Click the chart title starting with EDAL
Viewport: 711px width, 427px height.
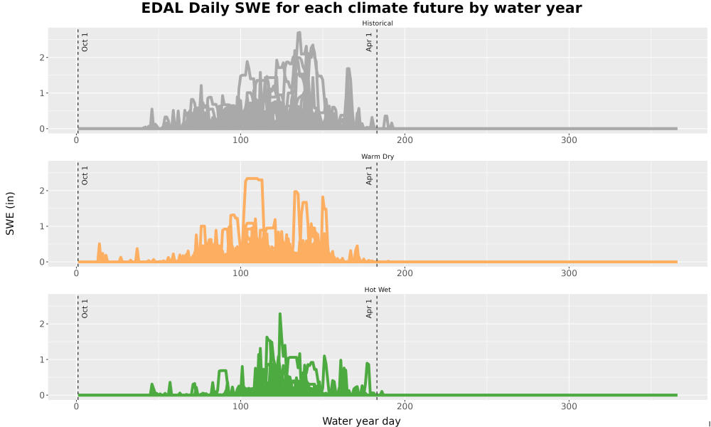coord(361,8)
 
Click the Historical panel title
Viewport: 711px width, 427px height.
coord(378,23)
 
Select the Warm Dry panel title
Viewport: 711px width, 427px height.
coord(378,157)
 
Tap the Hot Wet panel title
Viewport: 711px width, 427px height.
coord(378,290)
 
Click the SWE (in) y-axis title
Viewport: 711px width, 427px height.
coord(10,213)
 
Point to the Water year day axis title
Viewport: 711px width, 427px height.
coord(361,421)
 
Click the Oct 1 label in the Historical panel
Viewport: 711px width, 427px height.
coord(85,42)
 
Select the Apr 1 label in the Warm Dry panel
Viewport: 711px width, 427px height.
coord(368,175)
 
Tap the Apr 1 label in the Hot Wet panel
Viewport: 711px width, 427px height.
coord(368,309)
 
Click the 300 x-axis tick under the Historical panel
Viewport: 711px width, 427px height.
coord(569,140)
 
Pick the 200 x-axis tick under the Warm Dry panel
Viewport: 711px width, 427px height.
coord(405,273)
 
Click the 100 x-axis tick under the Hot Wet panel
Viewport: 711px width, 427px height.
coord(240,406)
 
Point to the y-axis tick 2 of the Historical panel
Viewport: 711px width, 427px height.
coord(42,58)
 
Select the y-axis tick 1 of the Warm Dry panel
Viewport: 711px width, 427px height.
coord(42,226)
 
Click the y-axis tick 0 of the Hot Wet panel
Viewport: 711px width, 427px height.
coord(42,395)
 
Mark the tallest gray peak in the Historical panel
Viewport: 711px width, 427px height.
coord(299,33)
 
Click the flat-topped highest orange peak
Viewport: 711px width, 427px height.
coord(254,179)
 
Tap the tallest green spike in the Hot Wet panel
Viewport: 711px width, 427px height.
coord(280,314)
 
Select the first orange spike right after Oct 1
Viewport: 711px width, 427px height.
coord(100,244)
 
